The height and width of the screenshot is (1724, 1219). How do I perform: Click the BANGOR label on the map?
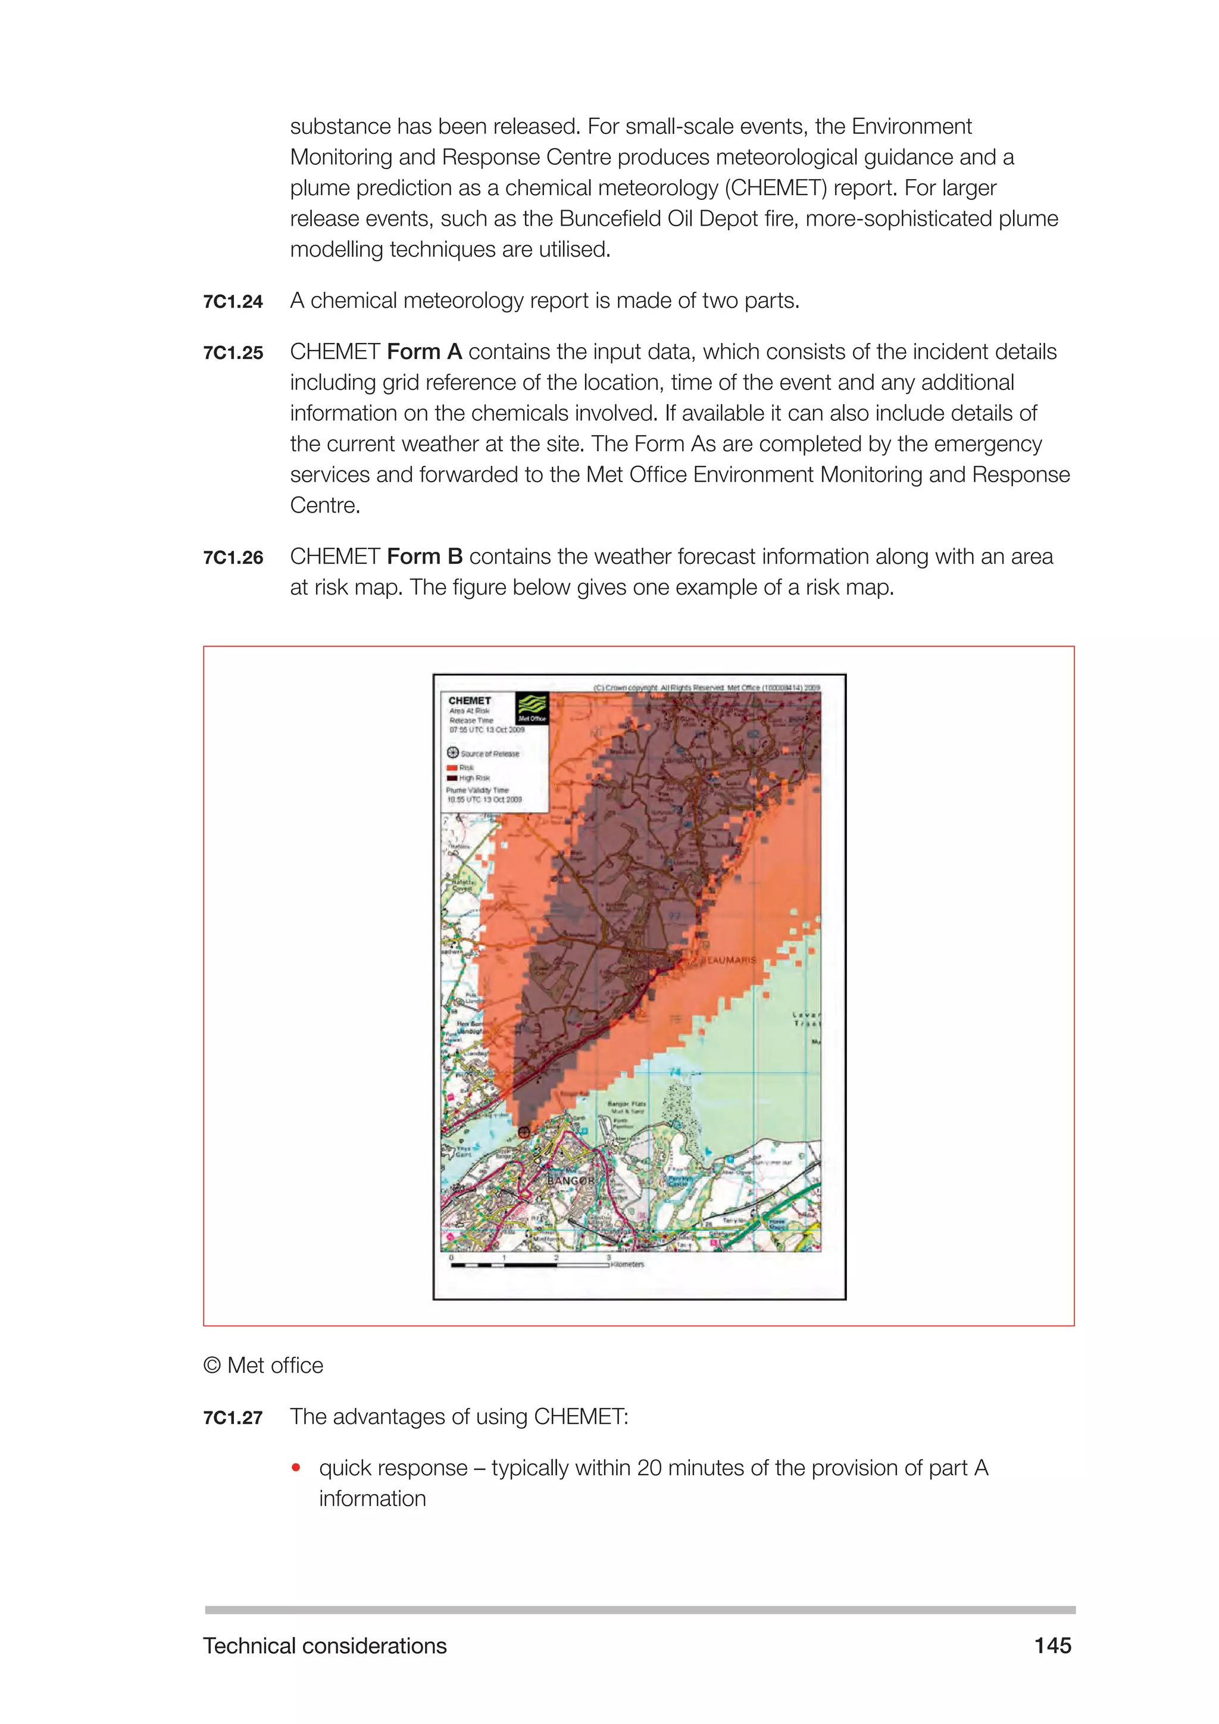(x=570, y=1181)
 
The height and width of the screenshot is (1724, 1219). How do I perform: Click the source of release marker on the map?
(x=524, y=1132)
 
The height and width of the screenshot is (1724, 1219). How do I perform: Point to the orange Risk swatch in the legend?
(x=452, y=768)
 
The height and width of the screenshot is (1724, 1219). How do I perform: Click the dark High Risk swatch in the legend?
(x=452, y=778)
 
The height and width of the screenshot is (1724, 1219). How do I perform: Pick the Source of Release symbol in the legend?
(x=452, y=752)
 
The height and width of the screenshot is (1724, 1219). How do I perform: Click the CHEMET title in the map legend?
(x=469, y=701)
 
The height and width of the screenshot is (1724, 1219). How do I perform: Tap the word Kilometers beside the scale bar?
(x=627, y=1264)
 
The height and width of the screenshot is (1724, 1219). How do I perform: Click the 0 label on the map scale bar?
(x=451, y=1257)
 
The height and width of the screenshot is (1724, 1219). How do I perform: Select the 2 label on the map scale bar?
(x=556, y=1257)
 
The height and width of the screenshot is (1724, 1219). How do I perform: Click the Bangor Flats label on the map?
(x=626, y=1104)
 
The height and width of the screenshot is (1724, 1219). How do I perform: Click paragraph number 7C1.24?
(x=233, y=302)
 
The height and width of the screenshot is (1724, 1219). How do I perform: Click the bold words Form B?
(x=424, y=557)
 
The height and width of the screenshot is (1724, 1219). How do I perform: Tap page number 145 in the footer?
(x=1052, y=1645)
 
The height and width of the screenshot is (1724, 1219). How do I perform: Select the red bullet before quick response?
(x=296, y=1467)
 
